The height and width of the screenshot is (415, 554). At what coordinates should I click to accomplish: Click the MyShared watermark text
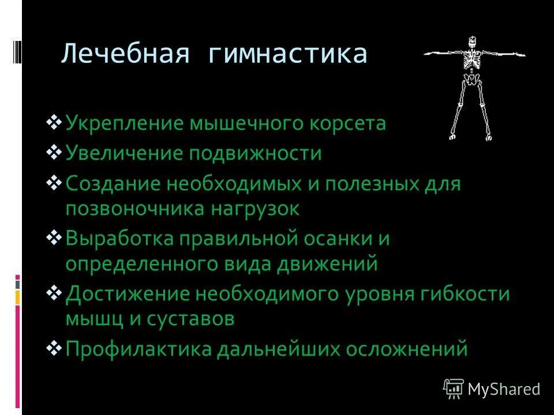(504, 389)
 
